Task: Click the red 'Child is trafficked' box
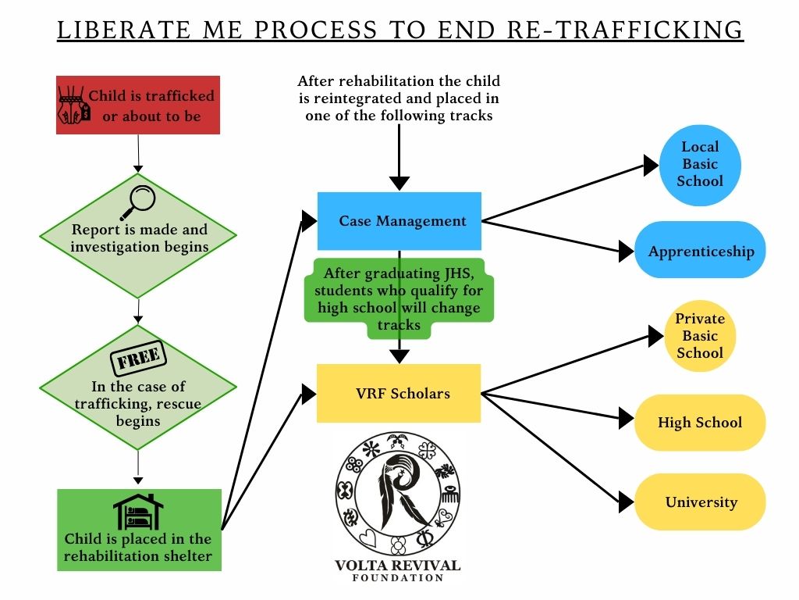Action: coord(138,105)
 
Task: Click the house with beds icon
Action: coord(138,512)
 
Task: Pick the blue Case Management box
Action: coord(399,221)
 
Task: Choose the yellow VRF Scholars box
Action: coord(399,393)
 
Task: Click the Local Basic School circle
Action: coord(700,164)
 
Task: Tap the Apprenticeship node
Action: coord(700,251)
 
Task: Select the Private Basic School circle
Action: coord(700,337)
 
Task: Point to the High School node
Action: coord(700,423)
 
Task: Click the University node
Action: coord(700,502)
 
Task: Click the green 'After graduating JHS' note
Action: coord(399,298)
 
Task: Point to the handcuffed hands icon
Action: coord(74,105)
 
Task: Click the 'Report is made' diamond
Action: coord(138,236)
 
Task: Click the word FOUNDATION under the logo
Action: coord(398,578)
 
